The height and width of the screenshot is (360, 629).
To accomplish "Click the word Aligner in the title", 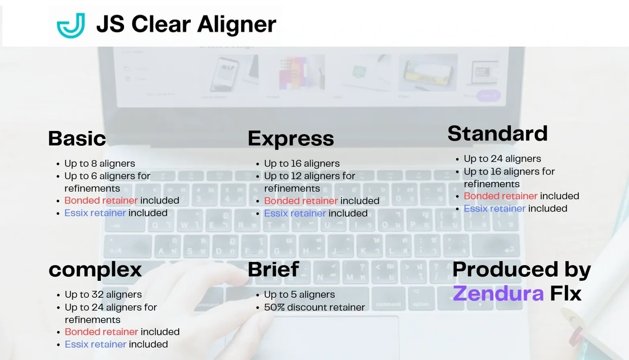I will coord(237,24).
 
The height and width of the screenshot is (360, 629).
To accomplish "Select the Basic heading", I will coord(77,139).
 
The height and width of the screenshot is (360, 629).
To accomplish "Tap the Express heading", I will coord(291,139).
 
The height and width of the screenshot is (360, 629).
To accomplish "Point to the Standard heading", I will coord(497,133).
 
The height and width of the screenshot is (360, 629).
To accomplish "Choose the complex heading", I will coord(95,270).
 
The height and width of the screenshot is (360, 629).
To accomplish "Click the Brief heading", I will coord(273,269).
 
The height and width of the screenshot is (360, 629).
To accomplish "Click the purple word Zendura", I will coord(498,293).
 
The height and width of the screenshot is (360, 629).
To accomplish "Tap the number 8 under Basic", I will coord(94,164).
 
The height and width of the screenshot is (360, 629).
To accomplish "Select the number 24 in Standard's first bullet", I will coord(496,159).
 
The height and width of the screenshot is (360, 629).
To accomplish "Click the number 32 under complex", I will coord(98,295).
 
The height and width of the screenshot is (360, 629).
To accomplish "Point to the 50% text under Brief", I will coord(274,307).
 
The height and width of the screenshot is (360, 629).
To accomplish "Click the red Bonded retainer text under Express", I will coord(301,201).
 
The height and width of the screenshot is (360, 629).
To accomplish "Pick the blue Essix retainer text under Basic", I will coord(95,213).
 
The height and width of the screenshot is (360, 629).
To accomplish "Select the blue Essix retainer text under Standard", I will coord(494,209).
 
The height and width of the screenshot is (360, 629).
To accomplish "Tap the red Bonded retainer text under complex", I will coord(101,332).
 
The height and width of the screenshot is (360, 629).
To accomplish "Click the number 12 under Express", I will coord(296,176).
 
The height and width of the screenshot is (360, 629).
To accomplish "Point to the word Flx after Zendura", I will coord(566,293).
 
